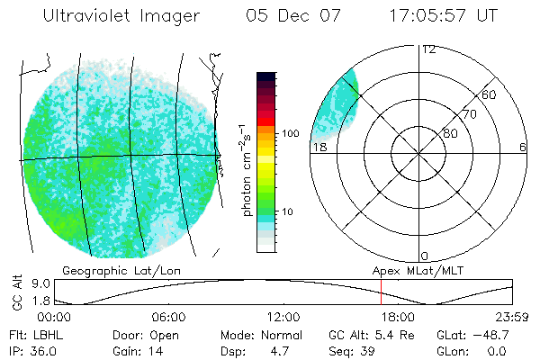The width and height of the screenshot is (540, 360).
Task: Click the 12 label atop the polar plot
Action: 428,49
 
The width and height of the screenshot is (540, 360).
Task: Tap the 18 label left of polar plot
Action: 319,148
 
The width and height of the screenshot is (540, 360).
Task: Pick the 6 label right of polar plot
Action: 523,148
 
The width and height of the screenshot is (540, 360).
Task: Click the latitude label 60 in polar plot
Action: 490,95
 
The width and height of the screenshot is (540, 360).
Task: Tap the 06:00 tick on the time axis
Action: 168,318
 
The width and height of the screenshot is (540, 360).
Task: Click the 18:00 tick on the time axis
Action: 398,318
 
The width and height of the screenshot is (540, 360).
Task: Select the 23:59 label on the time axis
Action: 512,318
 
